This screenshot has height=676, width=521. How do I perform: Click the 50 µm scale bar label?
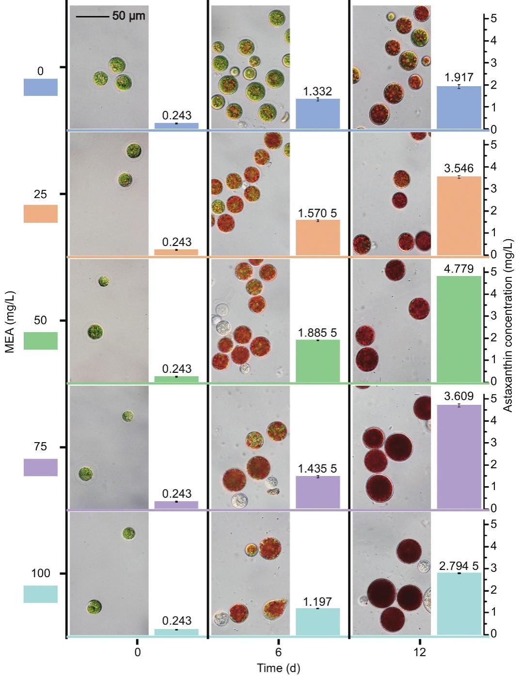[128, 16]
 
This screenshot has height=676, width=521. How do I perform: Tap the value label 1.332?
[317, 92]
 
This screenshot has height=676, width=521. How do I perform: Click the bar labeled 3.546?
[459, 215]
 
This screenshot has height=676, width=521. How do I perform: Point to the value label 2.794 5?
[459, 566]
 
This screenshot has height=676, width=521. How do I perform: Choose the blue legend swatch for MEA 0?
[41, 87]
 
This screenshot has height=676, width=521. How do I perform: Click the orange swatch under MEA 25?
[41, 214]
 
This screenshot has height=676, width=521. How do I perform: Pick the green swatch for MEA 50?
[41, 340]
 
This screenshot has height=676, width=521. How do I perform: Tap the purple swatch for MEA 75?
[41, 467]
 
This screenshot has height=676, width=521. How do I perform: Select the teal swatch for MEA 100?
[41, 594]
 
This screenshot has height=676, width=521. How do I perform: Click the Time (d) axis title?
[278, 669]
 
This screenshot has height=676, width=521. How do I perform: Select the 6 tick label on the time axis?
[278, 652]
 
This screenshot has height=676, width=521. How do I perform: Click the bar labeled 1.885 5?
[317, 361]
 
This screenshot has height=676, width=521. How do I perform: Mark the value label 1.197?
[317, 602]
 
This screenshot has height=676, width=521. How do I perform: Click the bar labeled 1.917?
[459, 108]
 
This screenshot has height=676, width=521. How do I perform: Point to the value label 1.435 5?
[317, 469]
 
